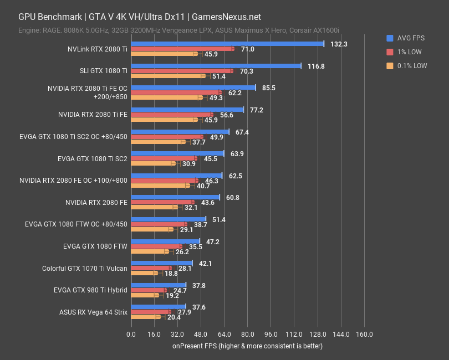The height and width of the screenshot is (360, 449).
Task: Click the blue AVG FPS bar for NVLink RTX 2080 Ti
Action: (227, 44)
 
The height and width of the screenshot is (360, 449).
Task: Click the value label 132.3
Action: (339, 44)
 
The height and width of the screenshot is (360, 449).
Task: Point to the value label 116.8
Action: (316, 66)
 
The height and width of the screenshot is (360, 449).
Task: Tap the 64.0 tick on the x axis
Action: (225, 335)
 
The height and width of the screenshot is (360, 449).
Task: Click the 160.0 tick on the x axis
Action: (364, 335)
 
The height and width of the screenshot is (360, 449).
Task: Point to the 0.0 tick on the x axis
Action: (131, 335)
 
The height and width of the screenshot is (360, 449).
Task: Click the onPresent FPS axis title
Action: (247, 346)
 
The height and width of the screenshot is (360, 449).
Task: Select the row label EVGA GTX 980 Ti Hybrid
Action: (91, 290)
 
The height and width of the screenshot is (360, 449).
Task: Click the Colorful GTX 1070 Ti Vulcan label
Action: (85, 269)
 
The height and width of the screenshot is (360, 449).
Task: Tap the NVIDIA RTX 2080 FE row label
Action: (96, 203)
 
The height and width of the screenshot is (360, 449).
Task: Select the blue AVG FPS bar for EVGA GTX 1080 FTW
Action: (165, 241)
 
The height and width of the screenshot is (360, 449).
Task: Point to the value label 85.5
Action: (269, 88)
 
